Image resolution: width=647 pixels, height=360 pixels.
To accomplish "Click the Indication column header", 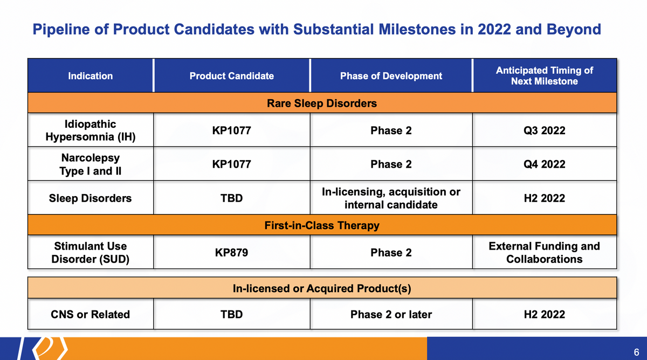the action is click(x=91, y=76).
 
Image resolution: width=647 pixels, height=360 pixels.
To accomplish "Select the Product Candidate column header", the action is click(x=232, y=76).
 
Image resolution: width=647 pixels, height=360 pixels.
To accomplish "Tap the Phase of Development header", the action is click(x=391, y=76).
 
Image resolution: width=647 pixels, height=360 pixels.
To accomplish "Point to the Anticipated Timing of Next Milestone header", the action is click(x=545, y=76).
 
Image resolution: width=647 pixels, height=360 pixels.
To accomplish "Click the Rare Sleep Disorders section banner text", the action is click(x=322, y=103).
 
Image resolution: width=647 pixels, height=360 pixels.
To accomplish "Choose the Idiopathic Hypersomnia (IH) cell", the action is click(x=91, y=130).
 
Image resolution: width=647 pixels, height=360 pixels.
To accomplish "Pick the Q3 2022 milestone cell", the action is click(x=545, y=130).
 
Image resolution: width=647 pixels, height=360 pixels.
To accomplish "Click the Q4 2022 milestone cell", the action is click(x=545, y=164).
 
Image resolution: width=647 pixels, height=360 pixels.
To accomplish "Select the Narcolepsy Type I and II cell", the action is click(x=91, y=164).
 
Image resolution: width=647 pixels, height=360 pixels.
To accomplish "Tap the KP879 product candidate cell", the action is click(x=232, y=253).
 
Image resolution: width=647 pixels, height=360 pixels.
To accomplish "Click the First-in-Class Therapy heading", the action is click(x=322, y=225).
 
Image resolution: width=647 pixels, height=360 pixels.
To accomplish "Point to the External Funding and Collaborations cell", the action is click(x=545, y=253).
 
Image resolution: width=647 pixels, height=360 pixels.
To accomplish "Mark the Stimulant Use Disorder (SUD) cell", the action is click(x=91, y=253).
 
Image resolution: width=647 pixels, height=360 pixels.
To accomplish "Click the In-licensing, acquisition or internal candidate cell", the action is click(x=391, y=198).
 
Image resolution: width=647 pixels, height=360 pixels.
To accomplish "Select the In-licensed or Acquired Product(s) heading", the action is click(x=322, y=288).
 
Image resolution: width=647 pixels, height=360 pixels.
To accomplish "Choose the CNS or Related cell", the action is click(x=91, y=314).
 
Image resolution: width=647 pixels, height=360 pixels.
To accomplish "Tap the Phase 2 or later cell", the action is click(x=391, y=314).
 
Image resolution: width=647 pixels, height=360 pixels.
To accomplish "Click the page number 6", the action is click(x=636, y=352).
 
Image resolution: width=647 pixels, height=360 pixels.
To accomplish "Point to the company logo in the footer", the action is click(x=43, y=349).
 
